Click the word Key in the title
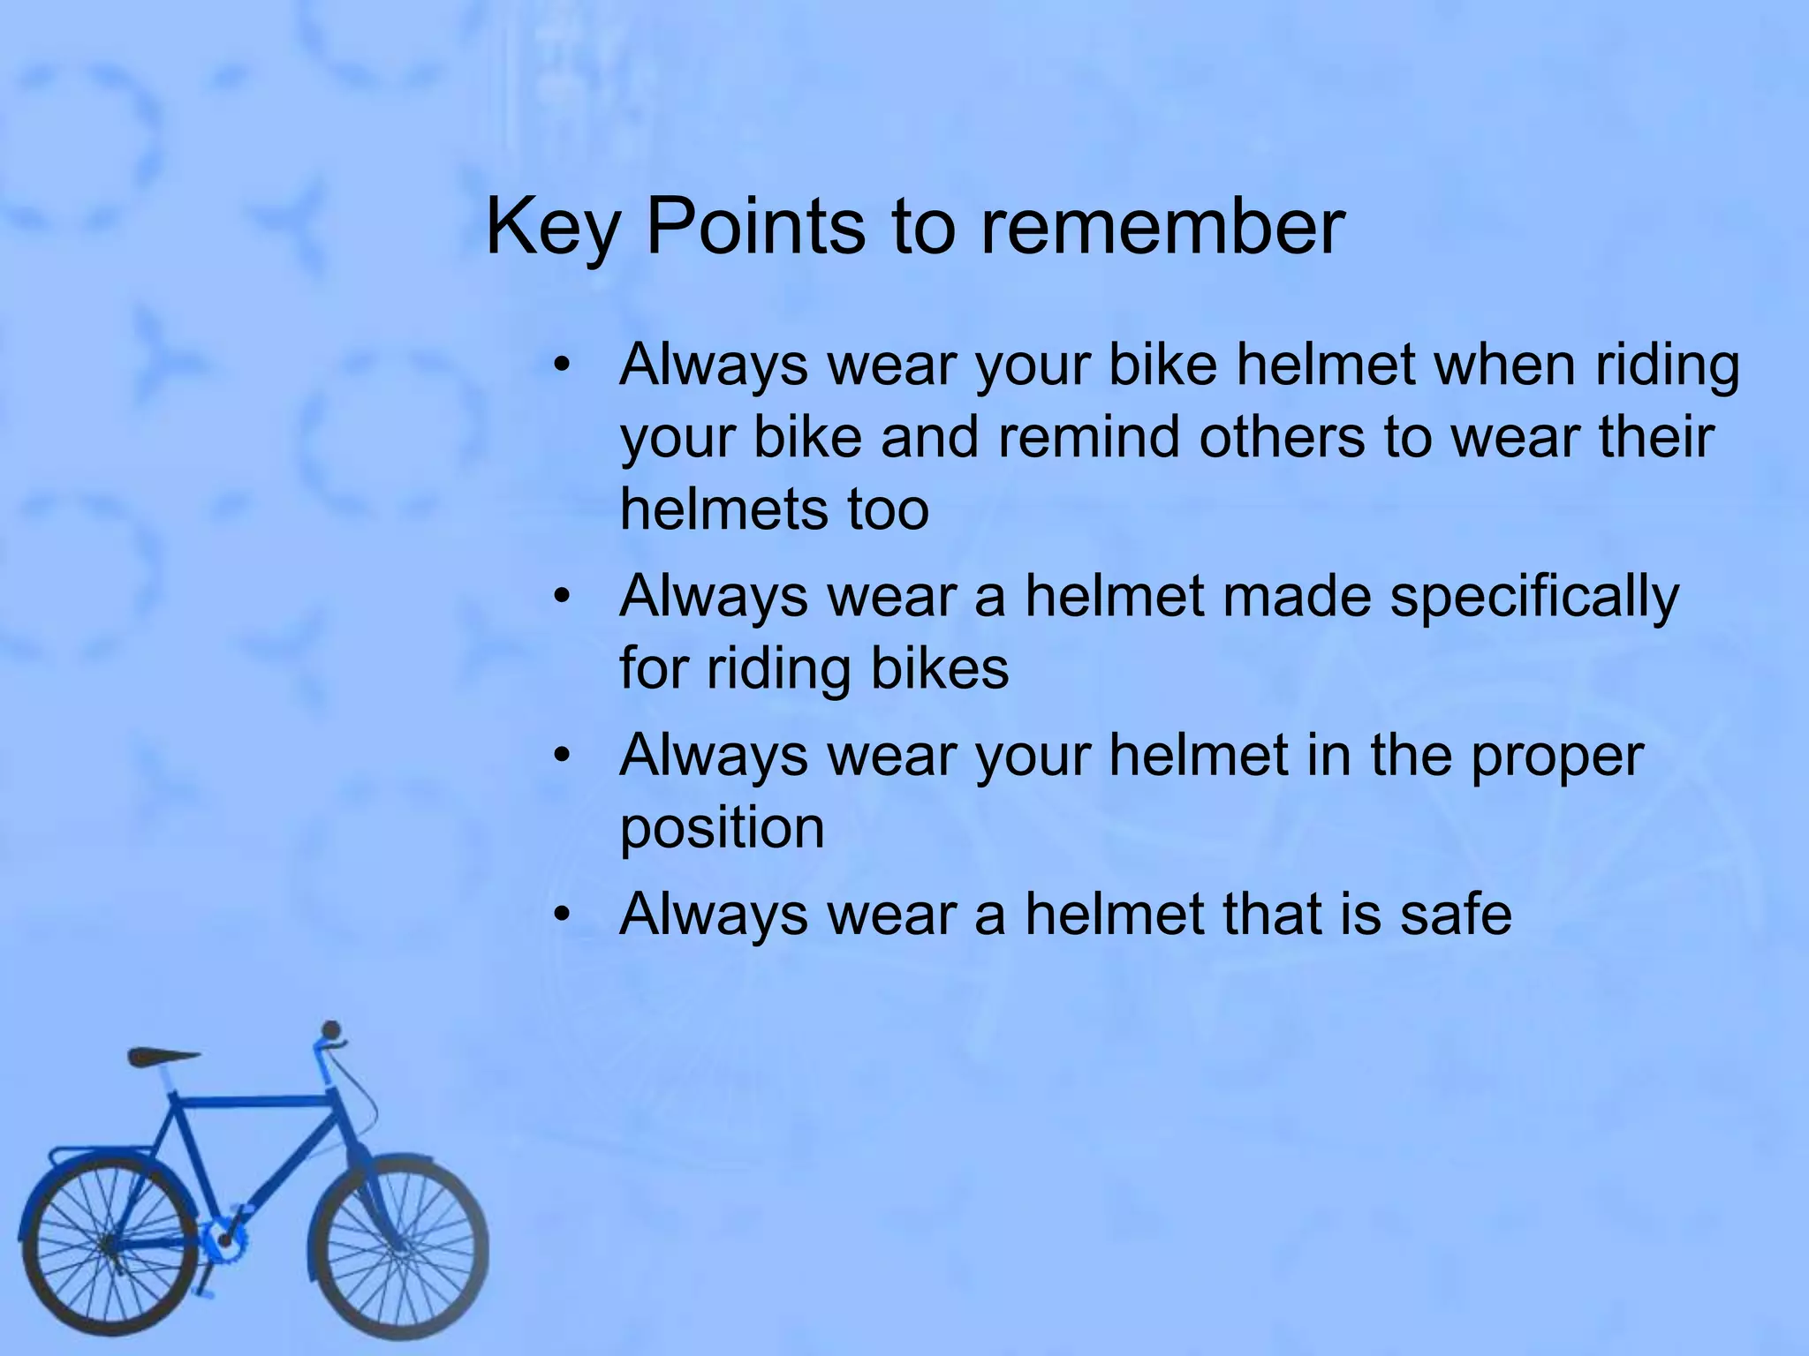click(552, 228)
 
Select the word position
click(722, 828)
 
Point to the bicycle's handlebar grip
click(331, 1031)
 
